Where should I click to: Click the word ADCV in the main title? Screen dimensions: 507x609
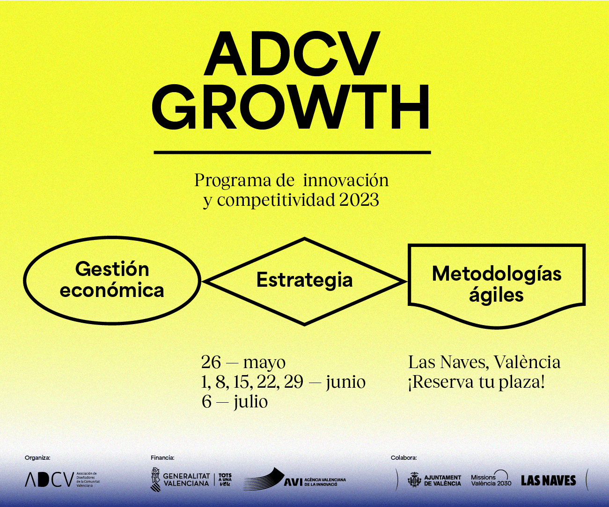pyautogui.click(x=291, y=54)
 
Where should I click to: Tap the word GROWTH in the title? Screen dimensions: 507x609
pyautogui.click(x=291, y=108)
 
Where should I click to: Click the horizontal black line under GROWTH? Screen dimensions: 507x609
pyautogui.click(x=292, y=152)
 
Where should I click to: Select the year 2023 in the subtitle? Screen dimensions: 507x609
pyautogui.click(x=359, y=200)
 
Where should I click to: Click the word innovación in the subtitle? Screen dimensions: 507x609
pyautogui.click(x=346, y=180)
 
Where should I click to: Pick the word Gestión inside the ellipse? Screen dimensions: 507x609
pyautogui.click(x=112, y=269)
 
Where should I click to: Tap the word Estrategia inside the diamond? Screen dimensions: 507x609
pyautogui.click(x=304, y=280)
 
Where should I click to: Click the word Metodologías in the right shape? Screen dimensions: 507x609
pyautogui.click(x=497, y=274)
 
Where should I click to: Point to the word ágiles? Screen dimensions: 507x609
pyautogui.click(x=496, y=296)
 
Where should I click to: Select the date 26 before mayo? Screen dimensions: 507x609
pyautogui.click(x=211, y=362)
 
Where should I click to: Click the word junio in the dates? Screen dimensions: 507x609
pyautogui.click(x=345, y=382)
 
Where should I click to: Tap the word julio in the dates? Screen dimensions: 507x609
pyautogui.click(x=251, y=401)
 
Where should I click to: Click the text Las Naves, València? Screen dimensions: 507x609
pyautogui.click(x=484, y=362)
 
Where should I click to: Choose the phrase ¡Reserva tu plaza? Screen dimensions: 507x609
pyautogui.click(x=477, y=382)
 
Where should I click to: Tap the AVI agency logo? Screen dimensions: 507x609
pyautogui.click(x=295, y=479)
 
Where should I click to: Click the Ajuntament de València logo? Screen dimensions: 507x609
pyautogui.click(x=434, y=480)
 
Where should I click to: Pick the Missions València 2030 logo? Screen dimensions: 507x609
pyautogui.click(x=491, y=479)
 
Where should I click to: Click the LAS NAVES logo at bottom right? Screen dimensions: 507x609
pyautogui.click(x=548, y=480)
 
